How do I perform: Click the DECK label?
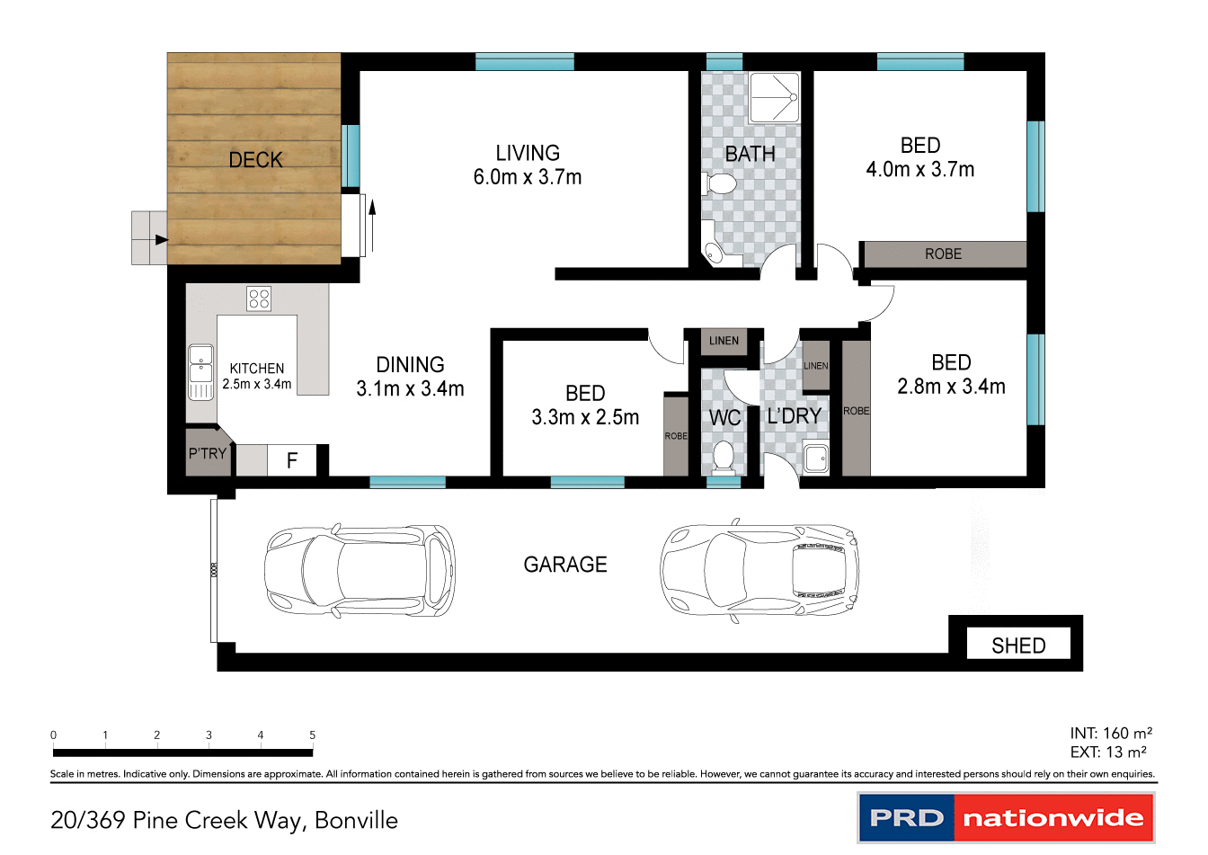click(x=255, y=160)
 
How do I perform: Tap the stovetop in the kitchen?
click(x=259, y=298)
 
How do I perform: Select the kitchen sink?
click(x=200, y=371)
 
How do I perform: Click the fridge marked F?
click(x=292, y=460)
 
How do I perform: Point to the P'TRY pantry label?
click(x=207, y=454)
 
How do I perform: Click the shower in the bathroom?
click(x=775, y=97)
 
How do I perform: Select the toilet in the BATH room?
click(x=721, y=185)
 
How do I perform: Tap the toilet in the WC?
click(x=723, y=457)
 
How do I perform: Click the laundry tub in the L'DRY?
click(x=816, y=459)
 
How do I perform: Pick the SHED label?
click(x=1018, y=646)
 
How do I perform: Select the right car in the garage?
click(x=759, y=568)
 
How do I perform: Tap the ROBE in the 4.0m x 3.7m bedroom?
click(x=943, y=254)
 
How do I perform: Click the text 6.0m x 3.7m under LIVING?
click(x=528, y=177)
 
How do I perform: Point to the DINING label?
click(x=410, y=365)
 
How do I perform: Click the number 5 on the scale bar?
click(x=313, y=735)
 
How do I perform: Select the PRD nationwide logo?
click(x=1006, y=818)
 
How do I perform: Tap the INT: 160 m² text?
click(x=1110, y=734)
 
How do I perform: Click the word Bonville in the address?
click(x=356, y=820)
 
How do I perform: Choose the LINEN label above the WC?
click(x=724, y=341)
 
